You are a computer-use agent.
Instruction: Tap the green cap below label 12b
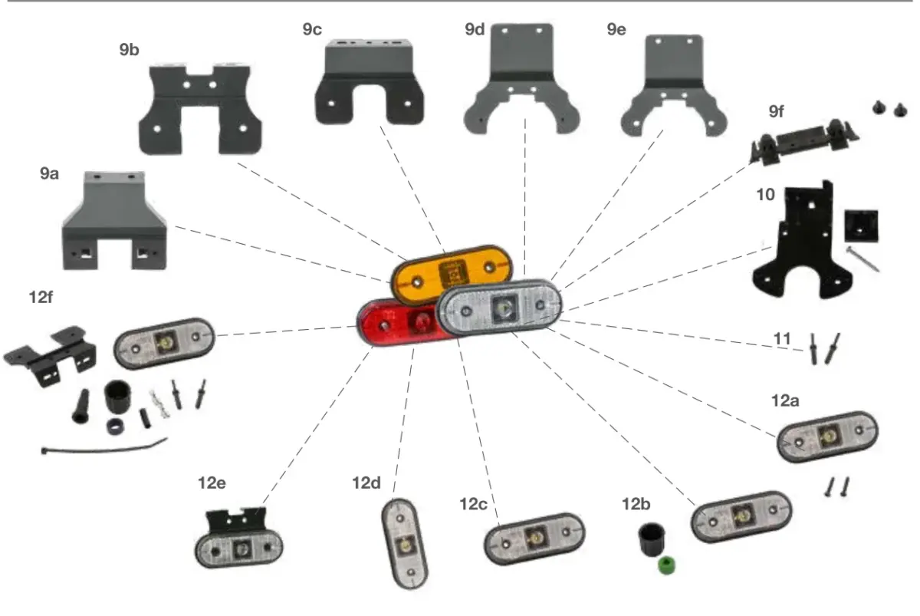[x=666, y=565]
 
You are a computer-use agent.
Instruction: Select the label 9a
[x=49, y=173]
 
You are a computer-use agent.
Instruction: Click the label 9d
[x=475, y=29]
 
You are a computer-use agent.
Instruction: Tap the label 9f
[x=776, y=111]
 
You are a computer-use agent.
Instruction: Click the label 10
[x=765, y=194]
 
